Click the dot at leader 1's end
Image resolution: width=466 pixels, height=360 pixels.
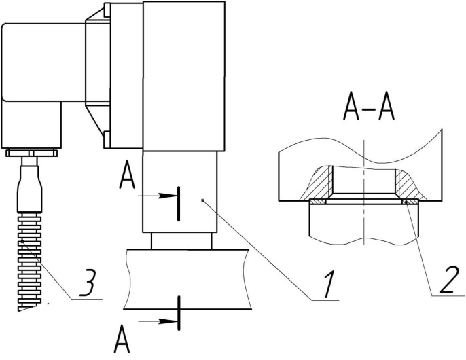(203, 199)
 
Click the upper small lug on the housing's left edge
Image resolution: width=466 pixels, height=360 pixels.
(107, 11)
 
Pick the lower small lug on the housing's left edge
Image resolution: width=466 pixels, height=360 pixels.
(107, 141)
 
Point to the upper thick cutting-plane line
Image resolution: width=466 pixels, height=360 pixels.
(178, 202)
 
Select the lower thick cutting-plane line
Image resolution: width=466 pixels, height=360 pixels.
(179, 313)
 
